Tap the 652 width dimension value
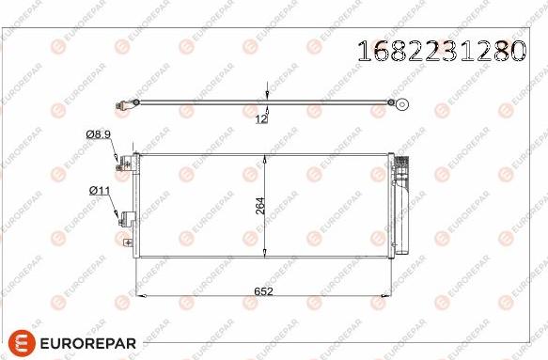(x=264, y=291)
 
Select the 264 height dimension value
(x=260, y=204)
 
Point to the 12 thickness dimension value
(x=261, y=118)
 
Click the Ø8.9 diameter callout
(x=99, y=135)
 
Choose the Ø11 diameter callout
(x=100, y=191)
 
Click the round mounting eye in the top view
(x=401, y=105)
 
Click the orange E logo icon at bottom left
(x=22, y=342)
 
